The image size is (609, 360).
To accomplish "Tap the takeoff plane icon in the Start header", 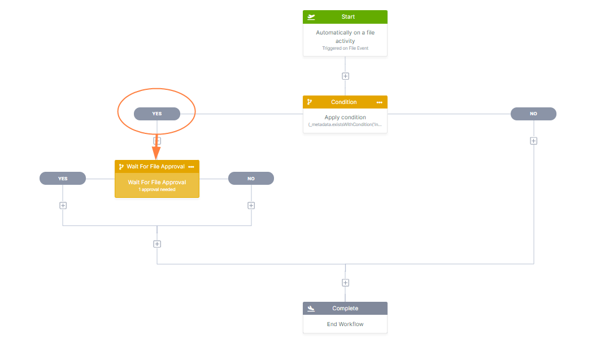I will point(311,17).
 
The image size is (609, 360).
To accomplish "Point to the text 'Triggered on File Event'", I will point(345,49).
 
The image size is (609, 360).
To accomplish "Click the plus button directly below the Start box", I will point(345,76).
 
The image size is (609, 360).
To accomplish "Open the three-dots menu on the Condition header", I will point(380,102).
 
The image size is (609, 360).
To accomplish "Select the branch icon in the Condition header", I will point(310,102).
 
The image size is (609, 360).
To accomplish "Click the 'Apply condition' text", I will point(345,118).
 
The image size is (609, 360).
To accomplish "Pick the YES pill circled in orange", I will point(157,114).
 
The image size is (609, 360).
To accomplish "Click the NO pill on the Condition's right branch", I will point(533,114).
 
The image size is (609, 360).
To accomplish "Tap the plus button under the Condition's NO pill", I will point(533,141).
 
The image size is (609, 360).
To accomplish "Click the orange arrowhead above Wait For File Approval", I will point(156,153).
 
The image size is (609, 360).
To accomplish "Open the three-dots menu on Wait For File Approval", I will point(191,167).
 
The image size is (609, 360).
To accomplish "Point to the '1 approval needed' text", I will point(157,189).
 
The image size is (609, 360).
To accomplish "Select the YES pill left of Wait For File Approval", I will point(63,179).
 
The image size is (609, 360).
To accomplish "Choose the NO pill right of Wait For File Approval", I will point(251,179).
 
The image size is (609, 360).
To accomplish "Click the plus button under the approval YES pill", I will point(63,206).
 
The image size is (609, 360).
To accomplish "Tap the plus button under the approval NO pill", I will point(251,206).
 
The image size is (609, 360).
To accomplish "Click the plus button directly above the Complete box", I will point(345,283).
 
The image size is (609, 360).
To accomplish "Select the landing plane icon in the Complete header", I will point(311,309).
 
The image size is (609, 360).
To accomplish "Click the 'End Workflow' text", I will point(345,324).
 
